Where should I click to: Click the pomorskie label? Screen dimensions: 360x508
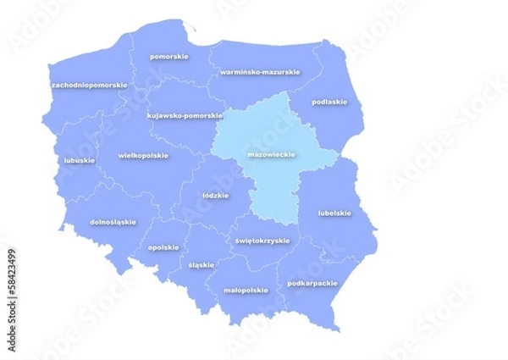[x=168, y=57]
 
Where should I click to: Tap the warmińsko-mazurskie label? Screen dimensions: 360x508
[x=259, y=72]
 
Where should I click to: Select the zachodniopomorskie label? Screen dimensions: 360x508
[x=89, y=86]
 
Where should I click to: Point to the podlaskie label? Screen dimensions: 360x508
[x=329, y=102]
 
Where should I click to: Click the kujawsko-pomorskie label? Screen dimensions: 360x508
[x=185, y=115]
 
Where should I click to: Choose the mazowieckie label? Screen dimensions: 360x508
[x=271, y=156]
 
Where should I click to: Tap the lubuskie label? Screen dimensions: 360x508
[x=79, y=160]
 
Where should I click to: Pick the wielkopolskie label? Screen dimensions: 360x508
[x=143, y=156]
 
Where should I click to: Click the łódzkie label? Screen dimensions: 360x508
[x=216, y=195]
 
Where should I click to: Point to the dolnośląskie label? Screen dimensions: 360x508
[x=113, y=222]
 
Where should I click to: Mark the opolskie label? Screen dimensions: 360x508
[x=163, y=247]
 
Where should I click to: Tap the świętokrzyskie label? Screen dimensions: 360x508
[x=262, y=241]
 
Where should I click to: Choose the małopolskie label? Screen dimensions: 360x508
[x=246, y=290]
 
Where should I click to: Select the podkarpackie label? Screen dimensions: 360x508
[x=312, y=283]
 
